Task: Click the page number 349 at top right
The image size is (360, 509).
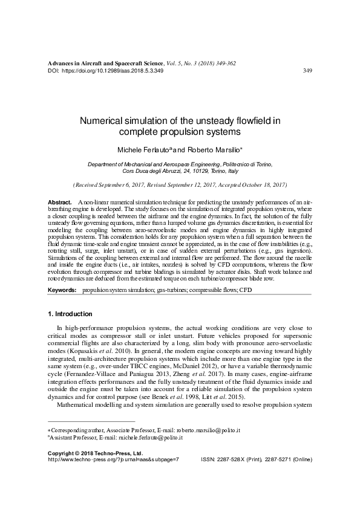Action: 307,71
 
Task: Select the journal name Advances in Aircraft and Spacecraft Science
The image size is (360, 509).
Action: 105,63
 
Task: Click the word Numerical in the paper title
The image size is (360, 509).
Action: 103,120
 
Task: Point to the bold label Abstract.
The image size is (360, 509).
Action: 59,201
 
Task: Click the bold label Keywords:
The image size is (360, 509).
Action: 62,291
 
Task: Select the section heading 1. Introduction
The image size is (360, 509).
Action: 70,314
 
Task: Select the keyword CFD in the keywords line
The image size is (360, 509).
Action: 244,291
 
